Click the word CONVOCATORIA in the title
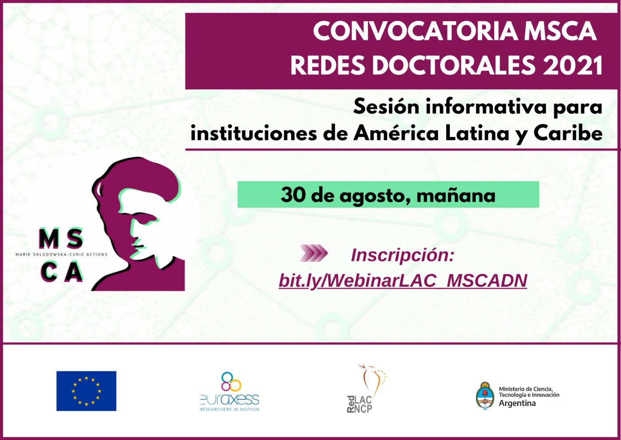(x=415, y=31)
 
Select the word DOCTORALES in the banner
(x=454, y=65)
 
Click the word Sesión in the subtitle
(x=386, y=107)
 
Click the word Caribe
(x=568, y=133)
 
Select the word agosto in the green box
(x=375, y=196)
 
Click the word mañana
(x=456, y=195)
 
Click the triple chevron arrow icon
(x=313, y=253)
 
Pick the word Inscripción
(x=403, y=255)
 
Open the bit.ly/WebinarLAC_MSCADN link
(x=403, y=280)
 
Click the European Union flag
(x=86, y=391)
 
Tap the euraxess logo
(x=230, y=392)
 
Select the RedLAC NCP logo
(x=366, y=389)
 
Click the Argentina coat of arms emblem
(x=485, y=395)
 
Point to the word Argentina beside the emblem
(x=517, y=403)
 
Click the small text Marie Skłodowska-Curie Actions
(x=62, y=254)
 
